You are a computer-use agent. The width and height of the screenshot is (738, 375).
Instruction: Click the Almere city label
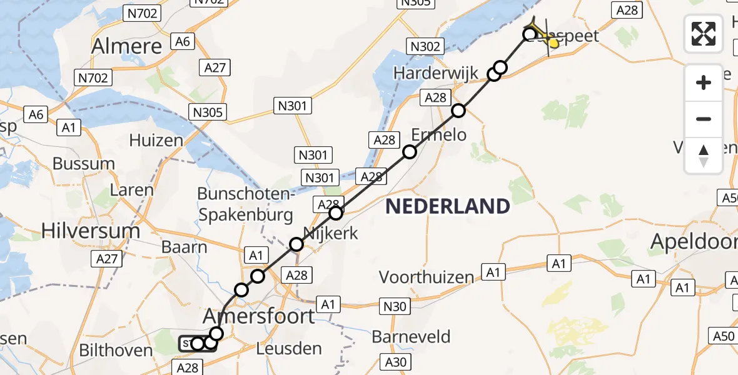pos(127,46)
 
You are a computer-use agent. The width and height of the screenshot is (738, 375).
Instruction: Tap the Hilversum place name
pos(91,231)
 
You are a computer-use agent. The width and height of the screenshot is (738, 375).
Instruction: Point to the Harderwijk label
pos(435,73)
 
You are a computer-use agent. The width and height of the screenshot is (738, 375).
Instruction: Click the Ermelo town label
pos(438,134)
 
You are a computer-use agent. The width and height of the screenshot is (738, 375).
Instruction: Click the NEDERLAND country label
pos(447,206)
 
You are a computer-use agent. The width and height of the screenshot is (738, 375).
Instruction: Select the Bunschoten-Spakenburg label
pos(245,204)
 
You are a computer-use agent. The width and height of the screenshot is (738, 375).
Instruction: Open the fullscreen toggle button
pos(704,33)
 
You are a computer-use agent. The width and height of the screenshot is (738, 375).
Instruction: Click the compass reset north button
pos(704,156)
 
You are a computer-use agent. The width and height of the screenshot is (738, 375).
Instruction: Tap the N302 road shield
pos(425,46)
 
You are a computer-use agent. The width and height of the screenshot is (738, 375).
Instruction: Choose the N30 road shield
pos(394,306)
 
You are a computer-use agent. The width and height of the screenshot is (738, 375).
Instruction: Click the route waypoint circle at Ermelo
pos(410,151)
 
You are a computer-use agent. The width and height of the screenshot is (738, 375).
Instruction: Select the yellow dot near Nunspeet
pos(553,42)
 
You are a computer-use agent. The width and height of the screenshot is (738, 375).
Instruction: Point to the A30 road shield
pos(395,361)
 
